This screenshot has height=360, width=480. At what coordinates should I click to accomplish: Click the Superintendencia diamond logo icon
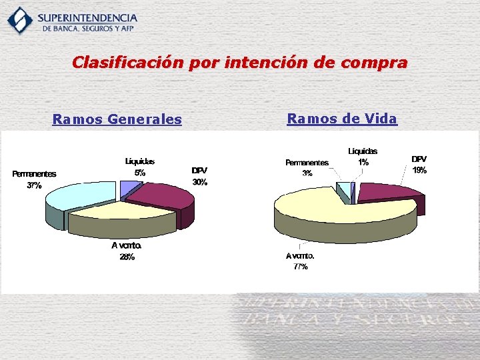click(19, 20)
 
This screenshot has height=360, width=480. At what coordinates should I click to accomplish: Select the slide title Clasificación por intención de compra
click(239, 63)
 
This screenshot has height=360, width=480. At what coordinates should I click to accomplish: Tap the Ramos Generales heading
click(117, 119)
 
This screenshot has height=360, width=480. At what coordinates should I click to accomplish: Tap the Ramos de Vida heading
click(341, 119)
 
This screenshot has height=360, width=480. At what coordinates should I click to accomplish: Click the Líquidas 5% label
click(140, 167)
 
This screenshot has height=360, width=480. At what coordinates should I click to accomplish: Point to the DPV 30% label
click(199, 176)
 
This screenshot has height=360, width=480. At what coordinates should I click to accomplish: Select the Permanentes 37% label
click(34, 179)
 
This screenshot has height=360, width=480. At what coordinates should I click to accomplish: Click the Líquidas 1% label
click(362, 156)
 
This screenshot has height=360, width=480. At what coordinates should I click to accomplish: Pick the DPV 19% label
click(419, 165)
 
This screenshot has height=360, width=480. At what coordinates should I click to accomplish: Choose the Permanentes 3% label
click(307, 167)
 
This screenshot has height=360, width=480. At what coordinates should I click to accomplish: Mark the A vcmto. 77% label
click(299, 261)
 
